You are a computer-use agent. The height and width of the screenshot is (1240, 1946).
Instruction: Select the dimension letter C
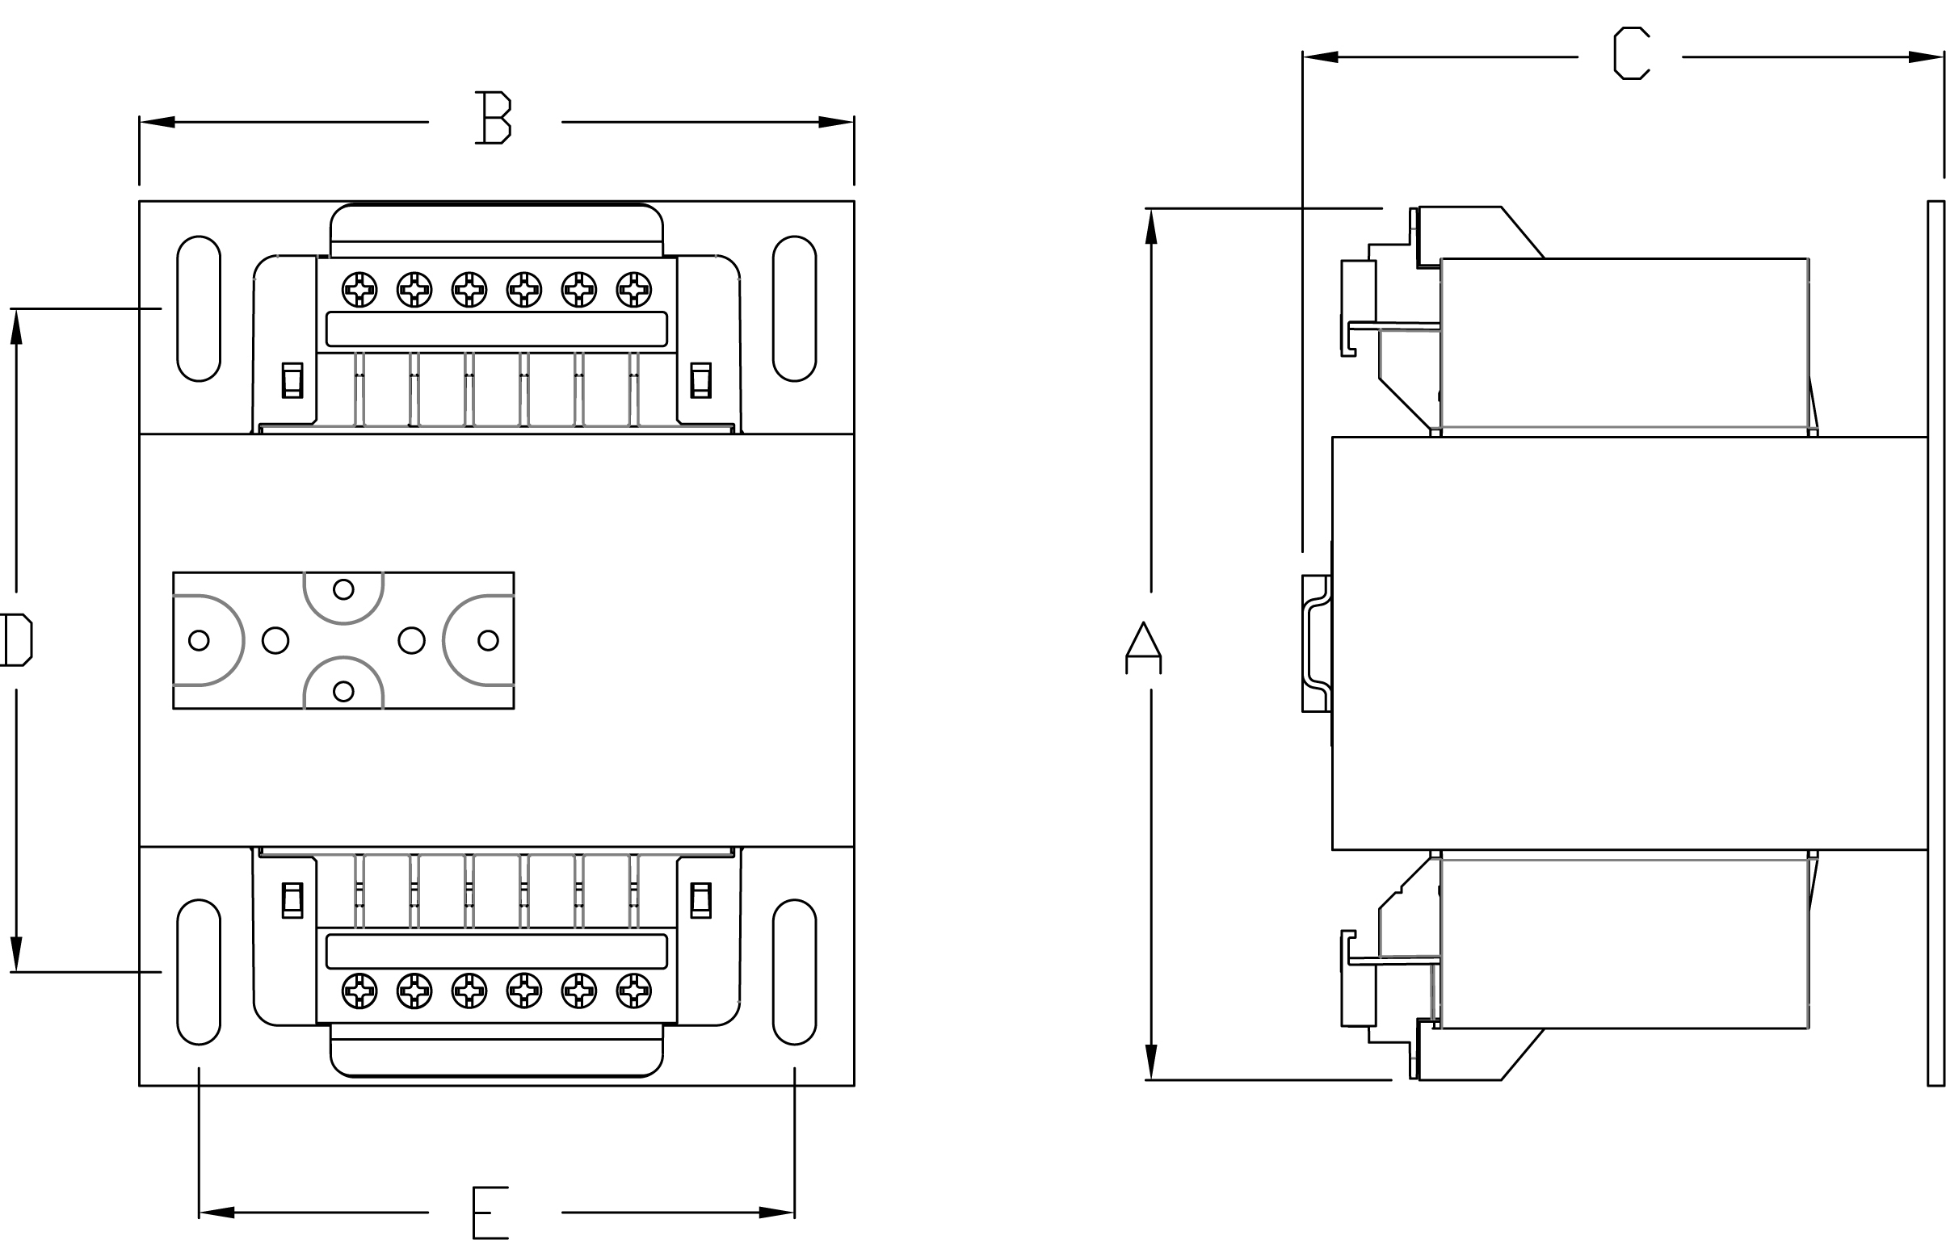pos(1631,53)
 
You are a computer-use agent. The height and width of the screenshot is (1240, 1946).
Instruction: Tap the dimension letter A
pos(1143,648)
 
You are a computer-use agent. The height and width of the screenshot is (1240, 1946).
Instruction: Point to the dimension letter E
pos(490,1212)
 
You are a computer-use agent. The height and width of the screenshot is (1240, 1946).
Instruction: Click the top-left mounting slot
pos(199,308)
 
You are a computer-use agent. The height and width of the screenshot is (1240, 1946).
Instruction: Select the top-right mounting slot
pos(794,308)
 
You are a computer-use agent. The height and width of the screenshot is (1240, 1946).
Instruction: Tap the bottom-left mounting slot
pos(199,972)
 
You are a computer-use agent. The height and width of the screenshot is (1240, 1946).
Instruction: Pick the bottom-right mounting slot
pos(794,972)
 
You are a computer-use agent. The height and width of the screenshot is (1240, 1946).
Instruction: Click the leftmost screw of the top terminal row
pos(359,289)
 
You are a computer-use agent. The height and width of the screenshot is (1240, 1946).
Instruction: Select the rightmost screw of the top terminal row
pos(633,289)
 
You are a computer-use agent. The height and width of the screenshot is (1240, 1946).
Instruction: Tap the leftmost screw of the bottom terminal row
pos(359,991)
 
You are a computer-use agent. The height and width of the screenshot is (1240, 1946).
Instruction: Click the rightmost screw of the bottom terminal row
pos(633,991)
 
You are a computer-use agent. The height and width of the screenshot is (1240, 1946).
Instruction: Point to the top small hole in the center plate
pos(343,589)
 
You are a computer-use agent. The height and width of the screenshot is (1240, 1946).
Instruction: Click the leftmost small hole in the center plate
pos(199,641)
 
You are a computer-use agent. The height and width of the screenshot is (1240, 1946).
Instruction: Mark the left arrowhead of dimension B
pos(158,122)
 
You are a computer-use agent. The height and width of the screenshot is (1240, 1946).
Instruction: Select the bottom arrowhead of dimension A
pos(1151,1062)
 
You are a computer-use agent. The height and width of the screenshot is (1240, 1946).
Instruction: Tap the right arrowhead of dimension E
pos(776,1213)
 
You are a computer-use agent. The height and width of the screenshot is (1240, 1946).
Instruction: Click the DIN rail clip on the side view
pos(1317,644)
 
